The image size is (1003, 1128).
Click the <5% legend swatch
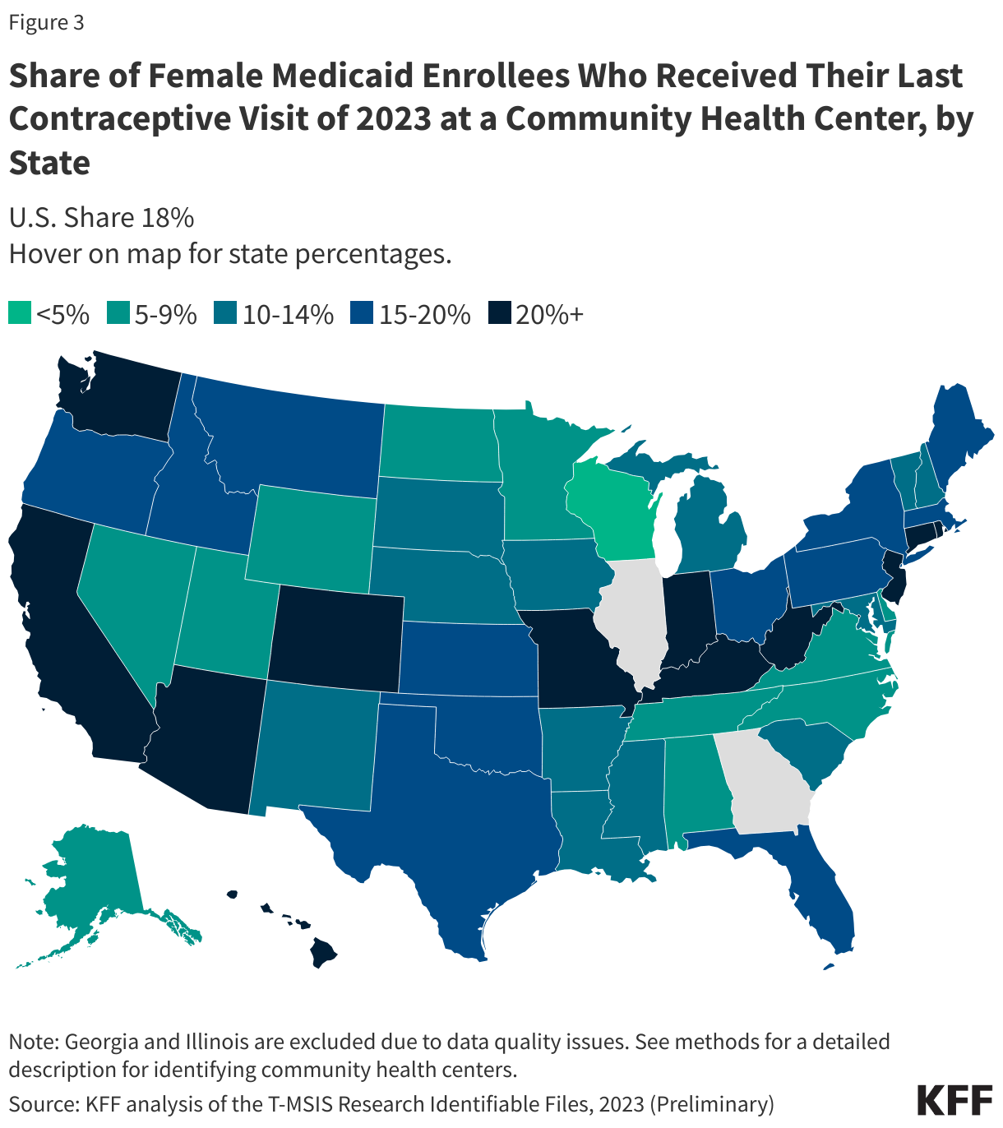(x=20, y=314)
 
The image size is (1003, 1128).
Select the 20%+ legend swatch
(x=499, y=314)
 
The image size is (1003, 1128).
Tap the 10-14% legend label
(x=288, y=314)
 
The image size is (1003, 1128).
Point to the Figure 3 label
(x=46, y=22)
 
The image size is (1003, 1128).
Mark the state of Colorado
(x=337, y=633)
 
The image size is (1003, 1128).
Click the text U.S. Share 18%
(x=101, y=218)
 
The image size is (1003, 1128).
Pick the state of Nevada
(x=132, y=600)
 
